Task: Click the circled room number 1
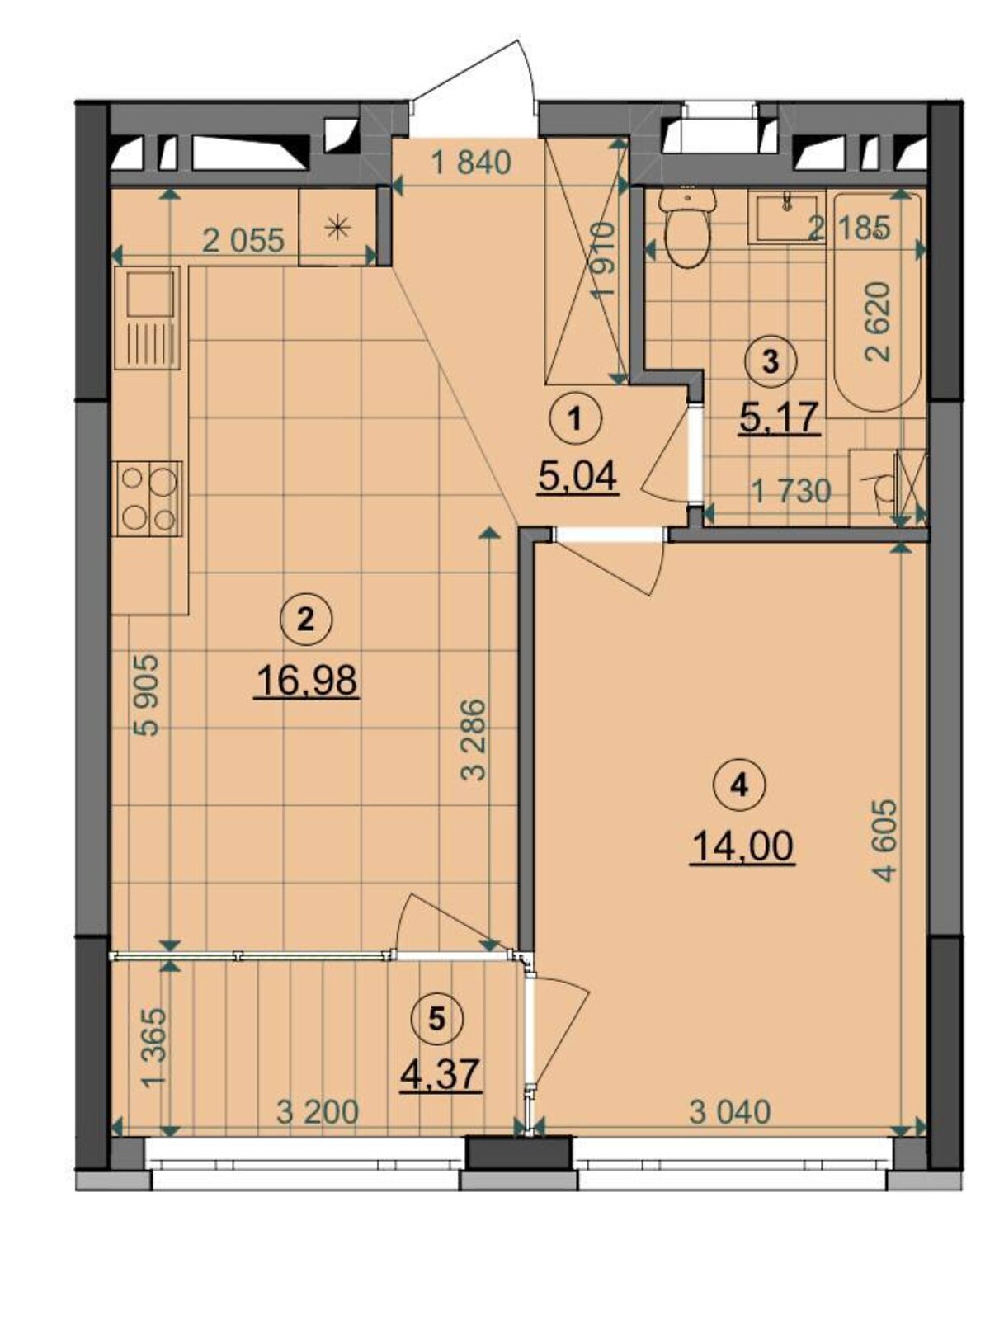[x=576, y=420]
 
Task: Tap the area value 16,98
[x=307, y=681]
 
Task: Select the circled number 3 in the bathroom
[x=770, y=361]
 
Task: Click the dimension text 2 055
[x=243, y=241]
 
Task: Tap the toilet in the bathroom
[x=688, y=229]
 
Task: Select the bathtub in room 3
[x=877, y=301]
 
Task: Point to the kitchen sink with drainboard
[x=148, y=318]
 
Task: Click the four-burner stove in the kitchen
[x=147, y=498]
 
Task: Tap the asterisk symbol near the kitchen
[x=337, y=228]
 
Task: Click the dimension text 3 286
[x=474, y=740]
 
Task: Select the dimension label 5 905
[x=148, y=695]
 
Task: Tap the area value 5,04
[x=577, y=478]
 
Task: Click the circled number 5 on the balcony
[x=437, y=1018]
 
